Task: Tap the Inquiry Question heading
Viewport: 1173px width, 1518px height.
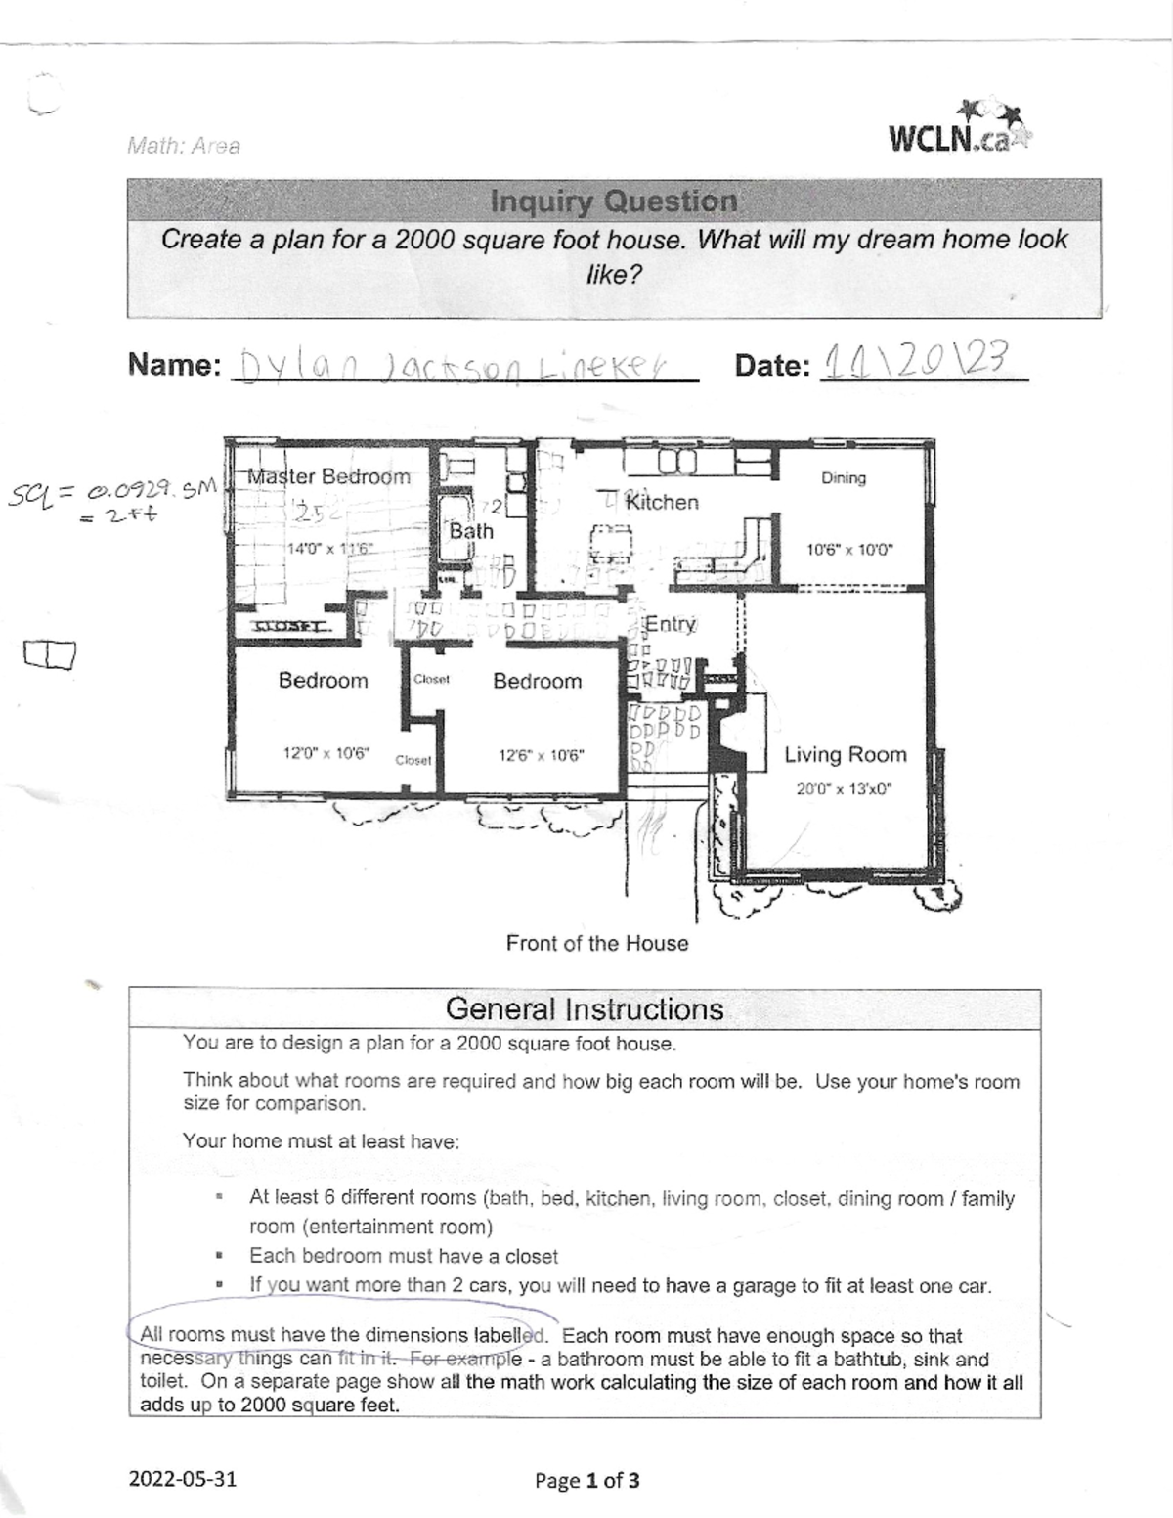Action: click(613, 201)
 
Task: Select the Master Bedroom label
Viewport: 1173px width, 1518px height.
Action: click(328, 477)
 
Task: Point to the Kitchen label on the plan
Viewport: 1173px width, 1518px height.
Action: click(662, 502)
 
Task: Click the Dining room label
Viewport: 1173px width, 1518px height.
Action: click(843, 478)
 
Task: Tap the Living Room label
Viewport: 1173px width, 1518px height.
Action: click(845, 754)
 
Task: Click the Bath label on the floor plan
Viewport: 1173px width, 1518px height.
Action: click(471, 531)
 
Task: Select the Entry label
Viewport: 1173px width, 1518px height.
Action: click(670, 624)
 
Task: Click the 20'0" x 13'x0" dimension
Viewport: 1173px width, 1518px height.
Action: click(844, 789)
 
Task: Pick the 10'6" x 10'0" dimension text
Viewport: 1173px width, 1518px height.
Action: click(848, 550)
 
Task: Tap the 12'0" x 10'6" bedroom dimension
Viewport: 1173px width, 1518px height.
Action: click(325, 754)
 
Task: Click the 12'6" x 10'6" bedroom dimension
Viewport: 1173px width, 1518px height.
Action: click(540, 755)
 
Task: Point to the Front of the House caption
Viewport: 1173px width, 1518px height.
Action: click(596, 943)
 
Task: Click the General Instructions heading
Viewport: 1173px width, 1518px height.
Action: click(584, 1008)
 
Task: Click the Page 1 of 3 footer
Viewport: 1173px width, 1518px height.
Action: click(586, 1480)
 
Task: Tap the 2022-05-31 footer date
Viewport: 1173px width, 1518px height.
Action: click(183, 1479)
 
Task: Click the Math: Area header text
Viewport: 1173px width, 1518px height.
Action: click(183, 146)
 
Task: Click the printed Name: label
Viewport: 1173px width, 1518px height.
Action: click(174, 365)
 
